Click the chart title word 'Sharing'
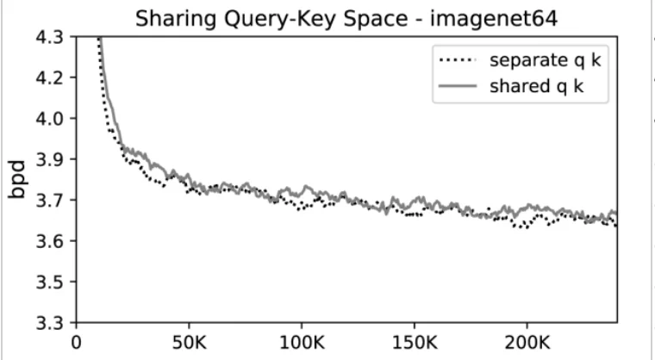click(x=170, y=17)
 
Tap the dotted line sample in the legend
click(x=458, y=61)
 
